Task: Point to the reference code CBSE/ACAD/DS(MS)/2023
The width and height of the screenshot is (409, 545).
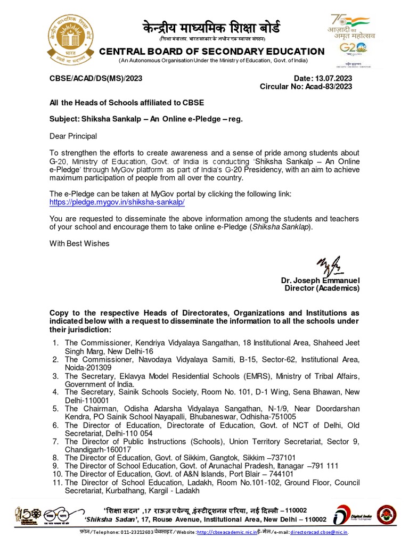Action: tap(96, 79)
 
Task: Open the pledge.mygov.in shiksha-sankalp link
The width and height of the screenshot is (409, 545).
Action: tap(117, 203)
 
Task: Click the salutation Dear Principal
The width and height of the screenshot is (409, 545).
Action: tap(73, 136)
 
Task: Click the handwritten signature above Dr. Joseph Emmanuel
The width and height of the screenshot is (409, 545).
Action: tap(330, 264)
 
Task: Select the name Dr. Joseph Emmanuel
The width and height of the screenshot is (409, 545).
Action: tap(320, 280)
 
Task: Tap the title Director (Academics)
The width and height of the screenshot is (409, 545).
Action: tap(322, 288)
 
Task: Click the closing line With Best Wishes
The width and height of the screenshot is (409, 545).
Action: tap(79, 243)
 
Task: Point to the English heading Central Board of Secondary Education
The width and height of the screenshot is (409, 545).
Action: tap(212, 52)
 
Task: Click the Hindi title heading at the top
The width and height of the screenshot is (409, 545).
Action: tap(211, 28)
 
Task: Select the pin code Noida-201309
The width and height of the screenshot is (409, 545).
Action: tap(88, 367)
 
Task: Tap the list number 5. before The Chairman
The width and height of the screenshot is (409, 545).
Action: tap(55, 408)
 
